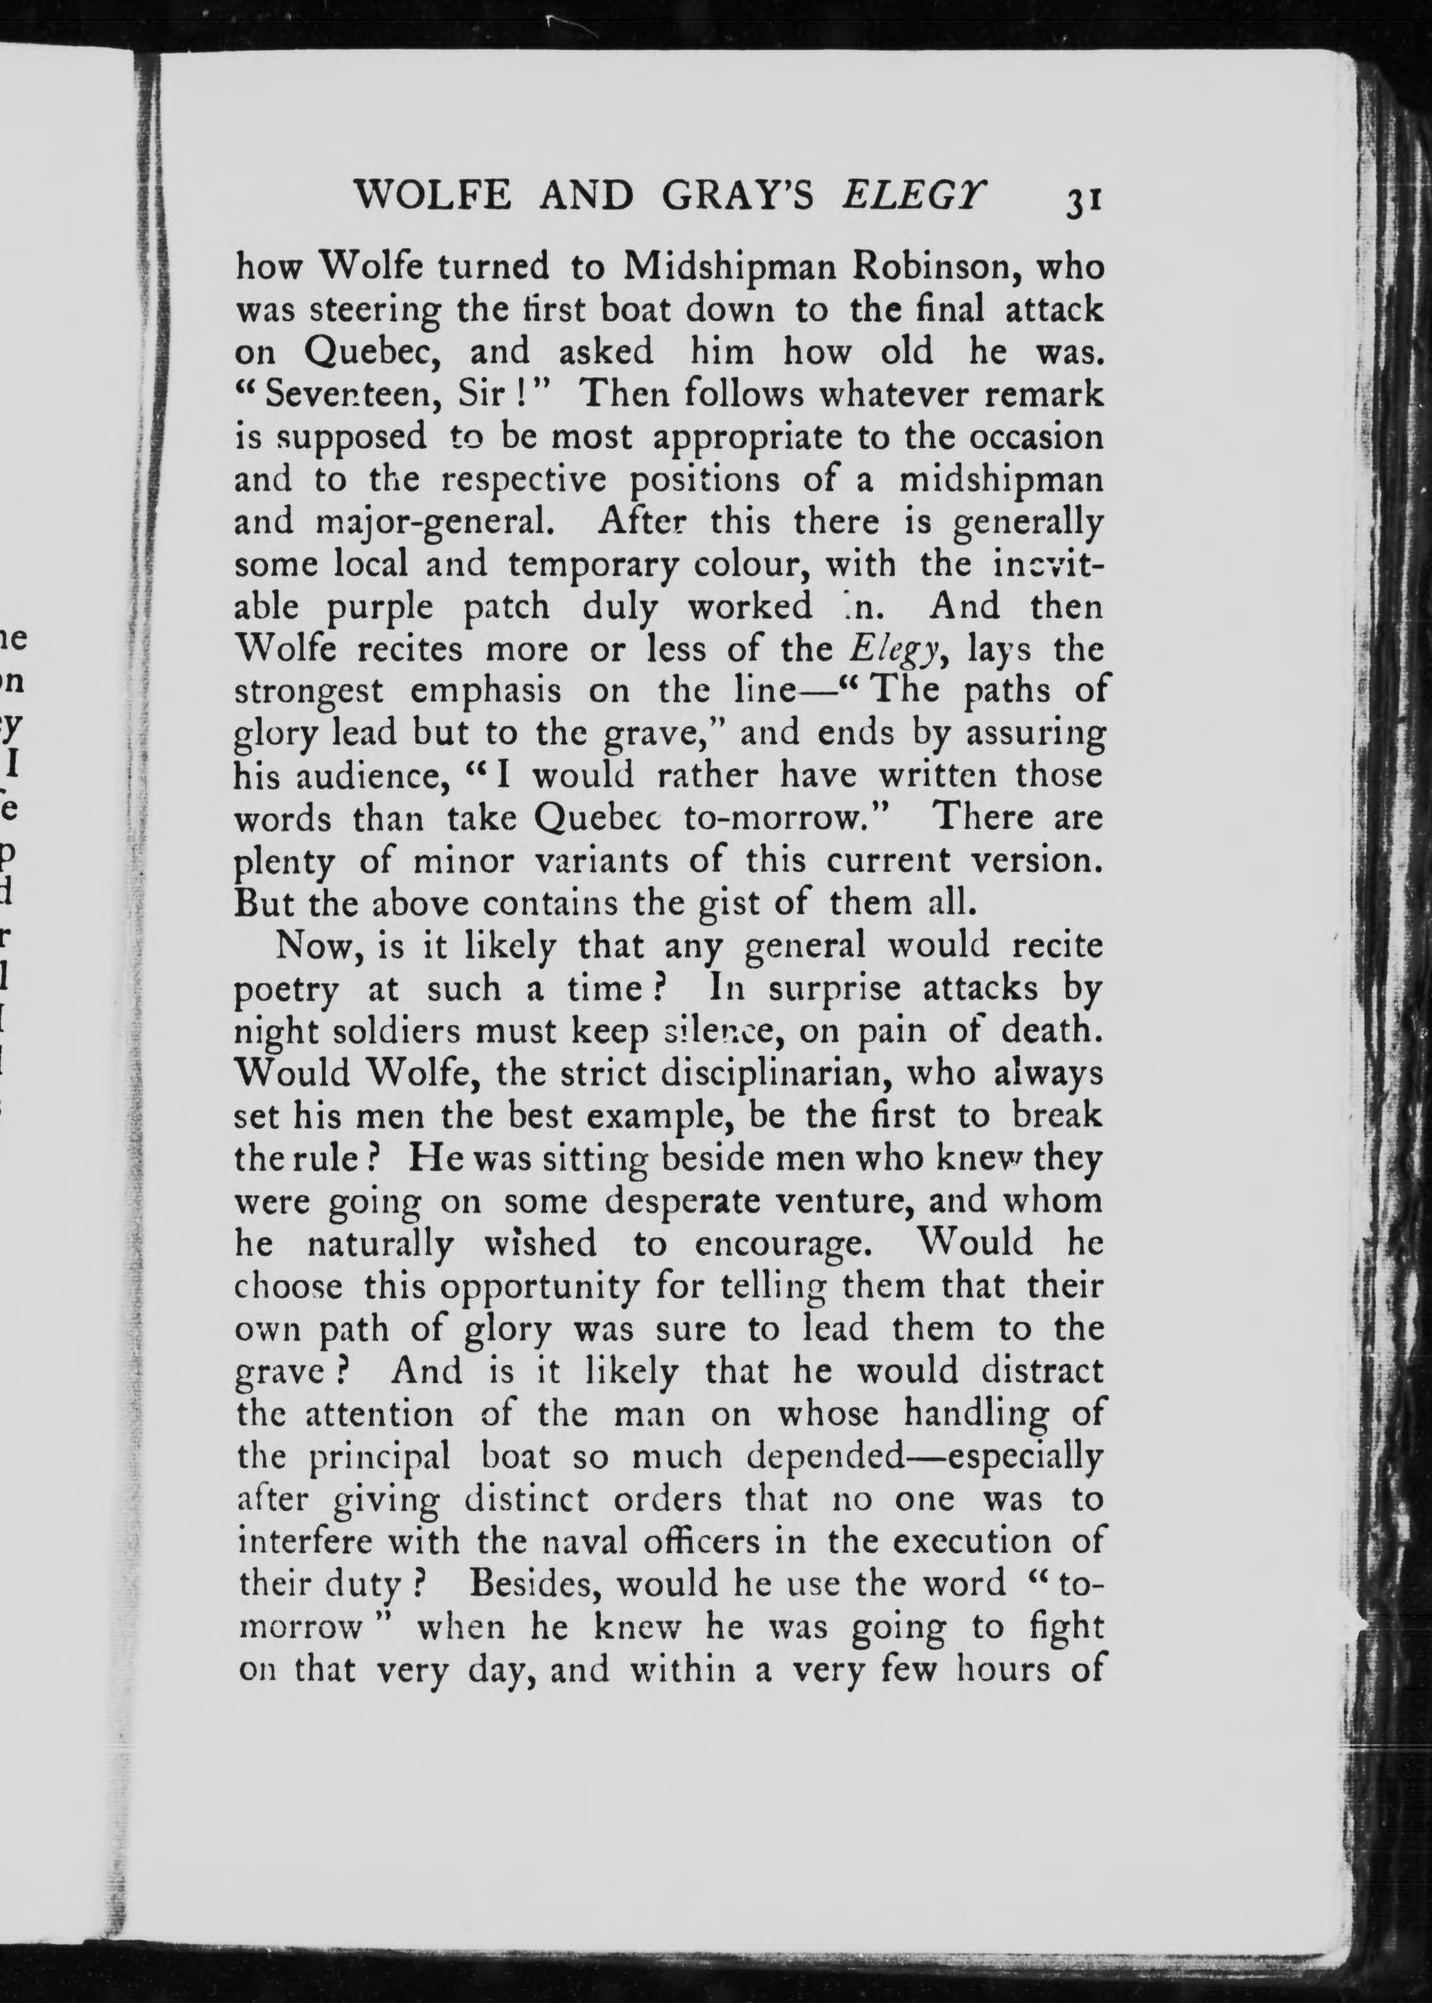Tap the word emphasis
[x=486, y=691]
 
